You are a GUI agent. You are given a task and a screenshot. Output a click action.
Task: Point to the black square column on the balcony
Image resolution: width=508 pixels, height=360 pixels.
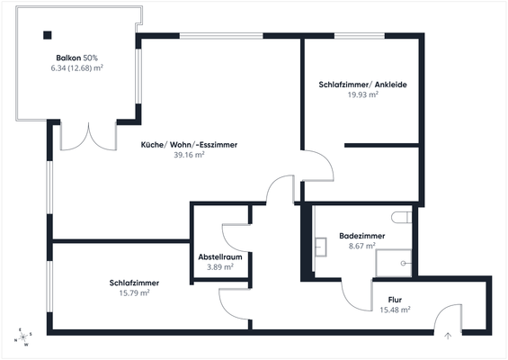click(46, 36)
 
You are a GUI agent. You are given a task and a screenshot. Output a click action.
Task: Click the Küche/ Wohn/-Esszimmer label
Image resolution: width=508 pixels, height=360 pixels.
click(177, 144)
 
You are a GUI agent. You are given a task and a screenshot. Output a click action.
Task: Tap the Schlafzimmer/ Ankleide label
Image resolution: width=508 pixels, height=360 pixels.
click(362, 85)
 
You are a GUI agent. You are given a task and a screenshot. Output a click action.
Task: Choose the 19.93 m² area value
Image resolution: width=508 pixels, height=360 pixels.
click(362, 94)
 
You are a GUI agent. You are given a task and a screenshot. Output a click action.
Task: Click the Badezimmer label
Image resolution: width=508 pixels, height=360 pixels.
click(361, 236)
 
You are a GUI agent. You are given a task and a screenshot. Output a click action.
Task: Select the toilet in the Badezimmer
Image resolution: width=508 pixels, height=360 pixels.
click(402, 217)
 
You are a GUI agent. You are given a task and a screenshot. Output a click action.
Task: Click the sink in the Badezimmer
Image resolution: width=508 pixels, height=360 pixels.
click(319, 245)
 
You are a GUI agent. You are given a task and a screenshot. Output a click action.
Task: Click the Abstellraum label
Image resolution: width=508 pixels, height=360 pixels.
click(220, 256)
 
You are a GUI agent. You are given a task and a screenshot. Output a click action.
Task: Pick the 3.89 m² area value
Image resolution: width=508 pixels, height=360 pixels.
click(220, 266)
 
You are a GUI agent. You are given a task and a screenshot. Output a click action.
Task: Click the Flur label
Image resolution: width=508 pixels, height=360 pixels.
click(395, 300)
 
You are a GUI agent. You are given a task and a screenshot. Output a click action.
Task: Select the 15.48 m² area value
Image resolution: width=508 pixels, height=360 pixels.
click(395, 310)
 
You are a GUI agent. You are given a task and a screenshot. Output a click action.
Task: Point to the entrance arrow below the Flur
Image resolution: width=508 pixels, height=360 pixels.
click(447, 335)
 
